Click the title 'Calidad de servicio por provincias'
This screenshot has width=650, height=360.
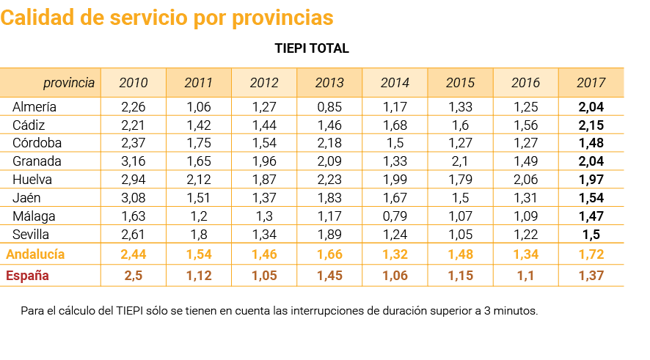[167, 18]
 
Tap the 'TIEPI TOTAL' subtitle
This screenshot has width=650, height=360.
[311, 49]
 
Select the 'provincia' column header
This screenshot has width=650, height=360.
[68, 83]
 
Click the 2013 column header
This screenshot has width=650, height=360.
[329, 83]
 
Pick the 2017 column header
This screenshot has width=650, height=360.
[591, 83]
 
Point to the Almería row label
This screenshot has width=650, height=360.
[34, 107]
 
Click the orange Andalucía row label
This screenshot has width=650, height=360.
[35, 254]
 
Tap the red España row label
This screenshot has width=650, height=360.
[27, 276]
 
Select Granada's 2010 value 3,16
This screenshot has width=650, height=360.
[134, 161]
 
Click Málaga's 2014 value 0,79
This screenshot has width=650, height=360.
[395, 216]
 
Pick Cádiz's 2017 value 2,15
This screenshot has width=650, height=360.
[591, 125]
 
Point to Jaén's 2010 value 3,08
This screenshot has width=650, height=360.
[134, 198]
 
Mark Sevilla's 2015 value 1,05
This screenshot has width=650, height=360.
[460, 235]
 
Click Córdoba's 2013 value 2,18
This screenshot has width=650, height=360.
[329, 143]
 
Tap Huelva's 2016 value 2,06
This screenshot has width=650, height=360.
[525, 180]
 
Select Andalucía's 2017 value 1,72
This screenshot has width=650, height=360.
[591, 254]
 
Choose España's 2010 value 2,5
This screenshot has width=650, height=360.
[134, 276]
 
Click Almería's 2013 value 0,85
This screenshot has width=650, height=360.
[329, 107]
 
